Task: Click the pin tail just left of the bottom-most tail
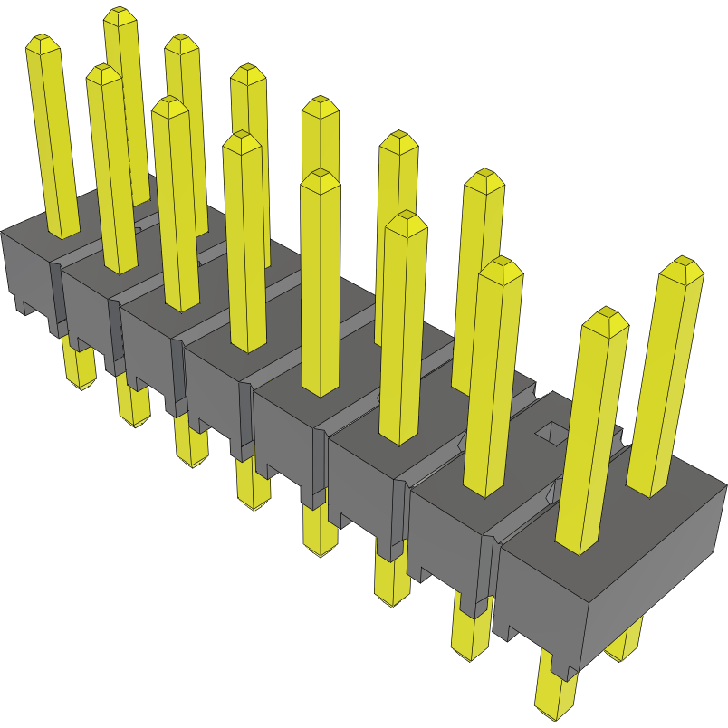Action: coord(468,634)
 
